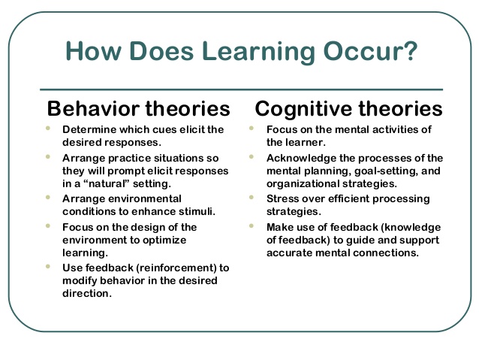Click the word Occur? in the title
370,51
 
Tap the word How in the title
93,51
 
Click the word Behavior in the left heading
94,108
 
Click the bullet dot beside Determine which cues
48,129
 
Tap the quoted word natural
104,183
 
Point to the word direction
86,293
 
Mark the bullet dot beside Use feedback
48,266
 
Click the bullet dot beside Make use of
252,226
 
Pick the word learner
306,142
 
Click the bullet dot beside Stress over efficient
252,197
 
